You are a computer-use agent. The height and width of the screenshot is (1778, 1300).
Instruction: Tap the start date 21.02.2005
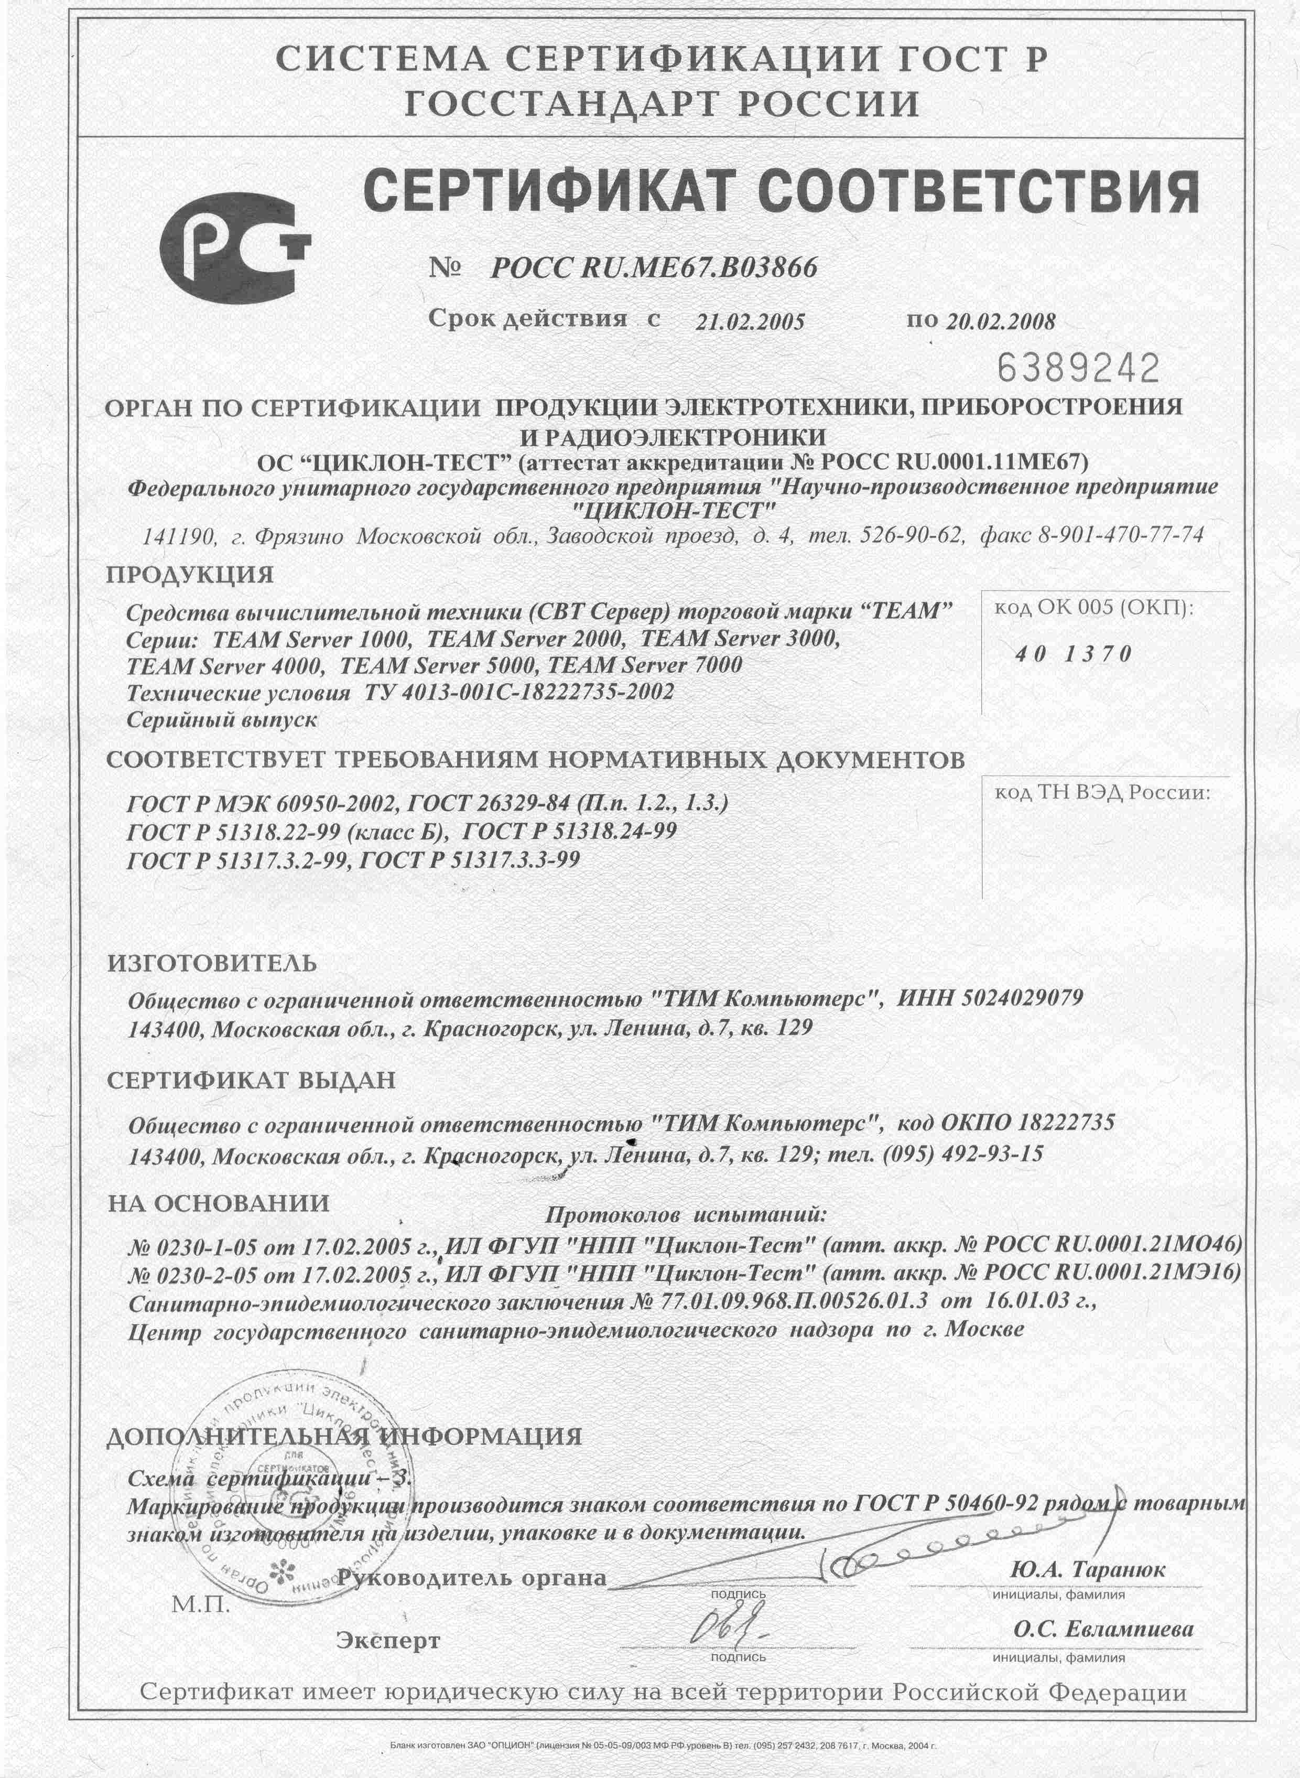tap(750, 322)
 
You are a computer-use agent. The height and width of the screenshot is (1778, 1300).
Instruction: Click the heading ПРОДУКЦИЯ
tap(190, 575)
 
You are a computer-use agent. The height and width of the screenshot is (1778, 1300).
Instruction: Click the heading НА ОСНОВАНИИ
tap(218, 1203)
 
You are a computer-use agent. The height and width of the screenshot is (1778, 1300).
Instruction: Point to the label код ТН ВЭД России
tap(1102, 793)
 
